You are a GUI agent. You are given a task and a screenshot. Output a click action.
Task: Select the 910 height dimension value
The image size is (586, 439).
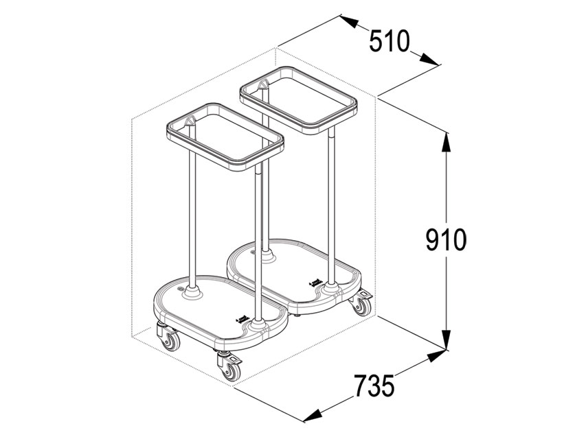(446, 240)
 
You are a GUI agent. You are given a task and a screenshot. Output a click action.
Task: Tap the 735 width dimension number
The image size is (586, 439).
(374, 386)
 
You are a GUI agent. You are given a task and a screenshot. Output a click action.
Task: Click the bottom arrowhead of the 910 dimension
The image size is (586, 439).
(447, 340)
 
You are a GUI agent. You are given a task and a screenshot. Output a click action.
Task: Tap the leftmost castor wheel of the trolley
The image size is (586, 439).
(168, 339)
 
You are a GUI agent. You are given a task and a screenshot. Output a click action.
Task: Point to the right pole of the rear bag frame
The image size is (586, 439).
(332, 206)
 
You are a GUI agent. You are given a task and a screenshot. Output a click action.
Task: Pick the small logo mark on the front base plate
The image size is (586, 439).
(240, 318)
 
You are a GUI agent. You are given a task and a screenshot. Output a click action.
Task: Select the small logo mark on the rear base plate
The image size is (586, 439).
(315, 281)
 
